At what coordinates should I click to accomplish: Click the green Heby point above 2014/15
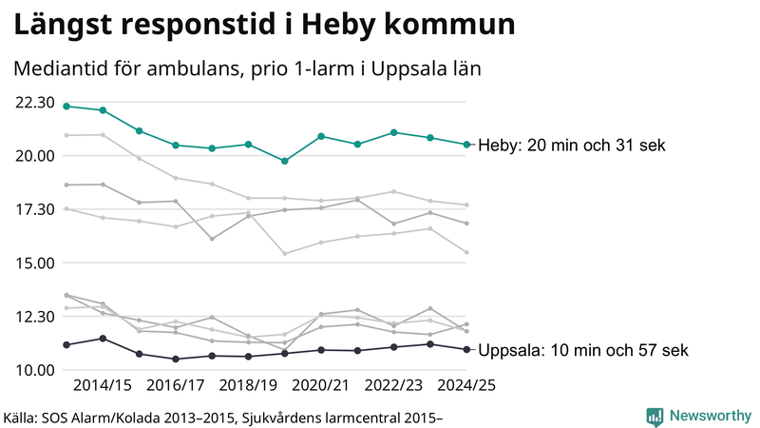(x=103, y=110)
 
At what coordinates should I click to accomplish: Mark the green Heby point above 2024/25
(x=466, y=145)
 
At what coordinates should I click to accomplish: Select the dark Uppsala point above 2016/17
(x=176, y=360)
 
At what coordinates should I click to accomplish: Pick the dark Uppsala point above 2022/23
(x=394, y=347)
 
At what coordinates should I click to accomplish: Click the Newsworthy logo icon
(x=655, y=417)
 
